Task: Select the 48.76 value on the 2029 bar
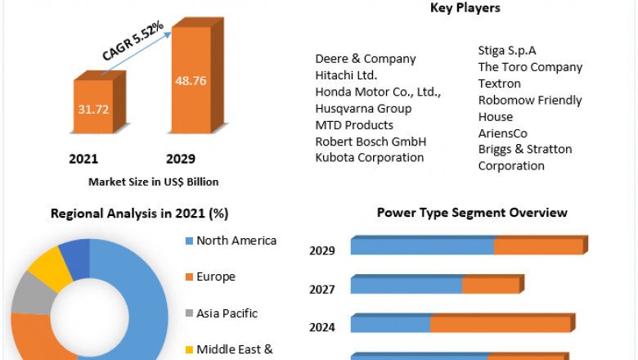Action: [x=190, y=81]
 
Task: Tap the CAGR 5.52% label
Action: [x=133, y=41]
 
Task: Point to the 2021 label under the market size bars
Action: [x=85, y=158]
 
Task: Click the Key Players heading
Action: [x=465, y=8]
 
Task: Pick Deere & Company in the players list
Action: [x=366, y=59]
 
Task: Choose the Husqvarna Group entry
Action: [x=363, y=108]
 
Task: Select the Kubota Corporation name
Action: [x=370, y=157]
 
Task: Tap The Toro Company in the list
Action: [x=530, y=67]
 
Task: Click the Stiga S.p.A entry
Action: [x=507, y=51]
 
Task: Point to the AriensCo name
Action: [x=503, y=133]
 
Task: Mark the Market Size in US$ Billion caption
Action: [x=153, y=182]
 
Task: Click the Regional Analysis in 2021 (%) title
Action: [x=139, y=214]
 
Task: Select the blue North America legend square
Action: [x=189, y=241]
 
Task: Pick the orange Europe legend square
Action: [x=189, y=277]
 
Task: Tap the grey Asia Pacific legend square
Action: [x=189, y=313]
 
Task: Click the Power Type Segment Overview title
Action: [x=472, y=213]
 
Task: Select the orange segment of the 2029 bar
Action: [x=538, y=246]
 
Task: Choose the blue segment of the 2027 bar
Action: [x=407, y=286]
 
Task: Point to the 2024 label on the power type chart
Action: [x=321, y=328]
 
